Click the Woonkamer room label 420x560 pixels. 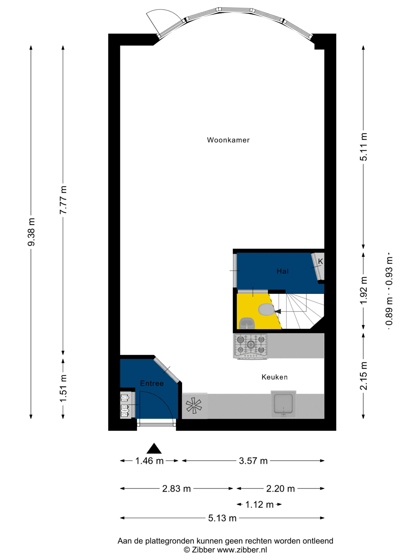(228, 140)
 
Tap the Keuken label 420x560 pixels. (275, 377)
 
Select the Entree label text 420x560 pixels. (152, 383)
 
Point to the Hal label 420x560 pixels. (283, 271)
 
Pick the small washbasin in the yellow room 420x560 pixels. (247, 323)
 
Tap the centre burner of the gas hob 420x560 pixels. (251, 344)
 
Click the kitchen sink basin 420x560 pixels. (283, 404)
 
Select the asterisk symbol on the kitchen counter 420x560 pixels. (194, 406)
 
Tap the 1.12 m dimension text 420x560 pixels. (259, 505)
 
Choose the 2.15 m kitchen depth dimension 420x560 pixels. (364, 376)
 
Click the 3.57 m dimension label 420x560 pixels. (253, 461)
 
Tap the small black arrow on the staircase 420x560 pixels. (278, 311)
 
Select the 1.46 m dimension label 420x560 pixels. (149, 461)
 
